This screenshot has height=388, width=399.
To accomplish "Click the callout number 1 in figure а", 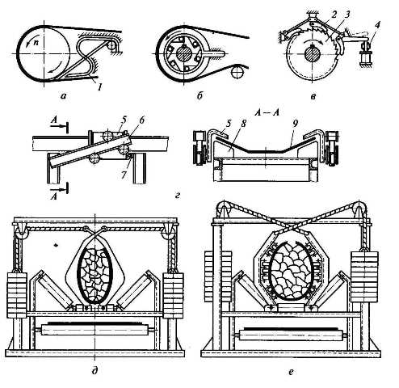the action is point(99,86).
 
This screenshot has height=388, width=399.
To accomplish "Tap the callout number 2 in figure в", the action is point(334,15).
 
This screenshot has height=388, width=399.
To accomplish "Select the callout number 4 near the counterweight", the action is point(377,25).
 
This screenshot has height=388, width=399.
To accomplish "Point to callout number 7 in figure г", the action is point(124,175).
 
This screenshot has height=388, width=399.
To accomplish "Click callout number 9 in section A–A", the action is point(296,124).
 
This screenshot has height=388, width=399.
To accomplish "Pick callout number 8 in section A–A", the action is point(244,124).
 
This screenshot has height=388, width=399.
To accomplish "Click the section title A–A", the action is point(267,112).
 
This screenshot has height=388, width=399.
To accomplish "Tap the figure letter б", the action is point(199,96).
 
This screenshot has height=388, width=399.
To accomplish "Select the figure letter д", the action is point(94,371).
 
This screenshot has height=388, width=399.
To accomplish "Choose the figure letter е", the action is point(291,372).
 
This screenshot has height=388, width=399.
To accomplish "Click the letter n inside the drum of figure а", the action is point(36,44).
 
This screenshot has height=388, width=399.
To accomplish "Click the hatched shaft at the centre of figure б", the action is point(184,54).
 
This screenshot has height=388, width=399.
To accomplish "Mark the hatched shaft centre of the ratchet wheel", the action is point(312,53).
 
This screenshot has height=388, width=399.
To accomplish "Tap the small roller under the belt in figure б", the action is point(237,72).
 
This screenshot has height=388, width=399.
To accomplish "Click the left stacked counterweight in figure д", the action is point(17,295).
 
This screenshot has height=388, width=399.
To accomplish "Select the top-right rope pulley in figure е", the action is point(359,209).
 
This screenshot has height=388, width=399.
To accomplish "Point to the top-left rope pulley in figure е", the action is point(224,209).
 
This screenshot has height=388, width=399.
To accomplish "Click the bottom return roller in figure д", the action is point(94,330).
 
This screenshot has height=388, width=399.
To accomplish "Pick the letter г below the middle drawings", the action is point(177,196).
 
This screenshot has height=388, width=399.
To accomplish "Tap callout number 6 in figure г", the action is point(142,120).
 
